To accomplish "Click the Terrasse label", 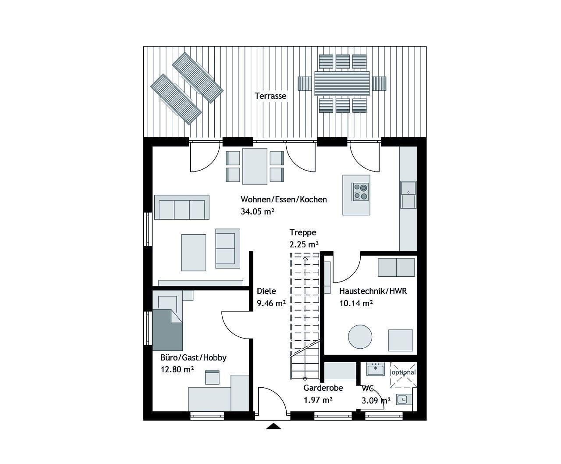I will pyautogui.click(x=270, y=96).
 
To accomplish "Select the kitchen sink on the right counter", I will pyautogui.click(x=408, y=194).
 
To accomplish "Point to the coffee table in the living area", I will pyautogui.click(x=194, y=252).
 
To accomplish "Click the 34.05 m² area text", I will pyautogui.click(x=257, y=211).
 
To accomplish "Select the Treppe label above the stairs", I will pyautogui.click(x=302, y=232).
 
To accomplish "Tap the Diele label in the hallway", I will pyautogui.click(x=266, y=291).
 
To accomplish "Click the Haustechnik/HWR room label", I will pyautogui.click(x=373, y=291).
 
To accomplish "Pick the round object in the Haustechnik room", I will pyautogui.click(x=360, y=337).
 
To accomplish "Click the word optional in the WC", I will pyautogui.click(x=403, y=372).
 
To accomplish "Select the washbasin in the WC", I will pyautogui.click(x=375, y=369).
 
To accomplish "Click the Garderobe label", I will pyautogui.click(x=323, y=388).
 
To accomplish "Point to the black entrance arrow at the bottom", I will pyautogui.click(x=273, y=426).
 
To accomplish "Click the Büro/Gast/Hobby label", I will pyautogui.click(x=193, y=357).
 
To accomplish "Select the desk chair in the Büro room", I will pyautogui.click(x=212, y=377).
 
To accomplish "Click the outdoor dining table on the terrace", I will pyautogui.click(x=341, y=83).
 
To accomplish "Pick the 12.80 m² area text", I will pyautogui.click(x=177, y=369).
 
